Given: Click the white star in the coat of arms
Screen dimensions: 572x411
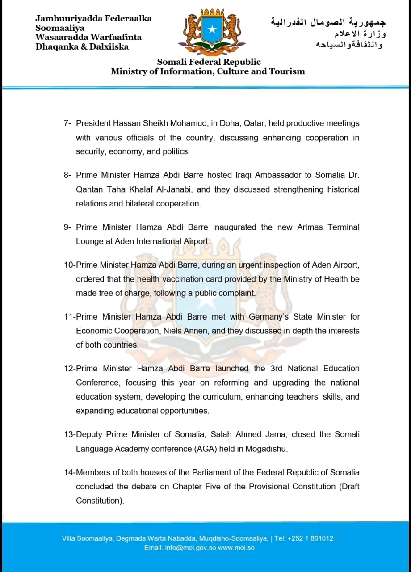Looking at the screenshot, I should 213,30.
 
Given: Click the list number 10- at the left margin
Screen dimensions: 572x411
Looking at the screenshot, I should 70,265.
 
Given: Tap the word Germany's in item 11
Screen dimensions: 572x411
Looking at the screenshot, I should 269,317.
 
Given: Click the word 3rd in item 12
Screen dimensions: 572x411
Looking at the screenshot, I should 276,369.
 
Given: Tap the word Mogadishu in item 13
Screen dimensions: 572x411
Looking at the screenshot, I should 267,449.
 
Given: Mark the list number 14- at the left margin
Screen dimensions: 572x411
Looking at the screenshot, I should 70,472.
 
